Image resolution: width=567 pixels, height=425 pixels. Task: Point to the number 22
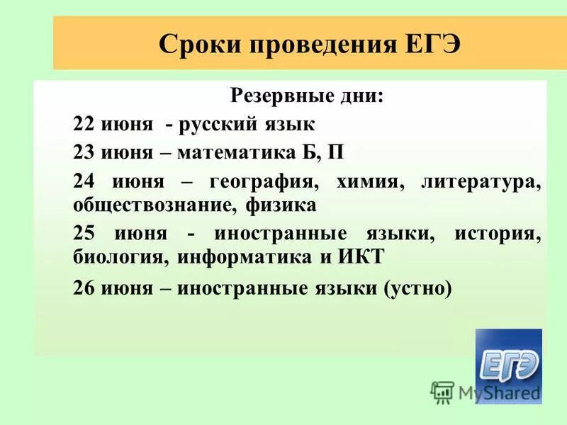click(x=84, y=125)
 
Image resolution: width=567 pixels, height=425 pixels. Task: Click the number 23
click(x=84, y=153)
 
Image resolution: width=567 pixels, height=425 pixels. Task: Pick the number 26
click(x=84, y=288)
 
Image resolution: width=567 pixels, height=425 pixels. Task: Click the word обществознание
click(x=155, y=206)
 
